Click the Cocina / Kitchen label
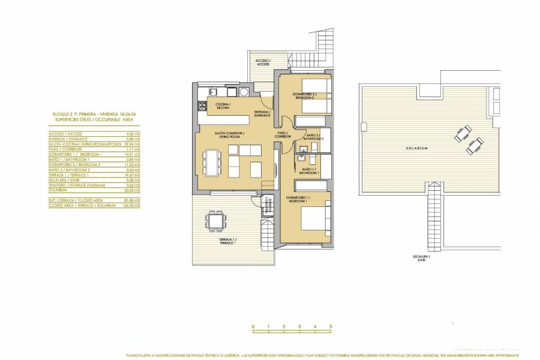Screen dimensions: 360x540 (x=223, y=106)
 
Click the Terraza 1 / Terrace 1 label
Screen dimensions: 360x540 (x=226, y=241)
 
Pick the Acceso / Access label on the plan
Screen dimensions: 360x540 (x=263, y=62)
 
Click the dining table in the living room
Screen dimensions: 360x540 (x=211, y=163)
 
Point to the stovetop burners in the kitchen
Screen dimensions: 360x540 (x=200, y=108)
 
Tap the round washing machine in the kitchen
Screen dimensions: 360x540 (x=245, y=92)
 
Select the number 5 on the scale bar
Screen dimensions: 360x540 (x=331, y=327)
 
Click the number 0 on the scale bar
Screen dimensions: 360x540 (x=253, y=327)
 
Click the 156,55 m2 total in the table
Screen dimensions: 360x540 (x=133, y=205)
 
